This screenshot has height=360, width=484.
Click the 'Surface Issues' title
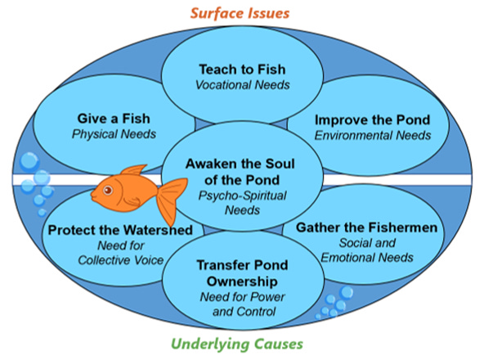(240, 13)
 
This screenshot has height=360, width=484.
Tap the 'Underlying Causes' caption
(237, 344)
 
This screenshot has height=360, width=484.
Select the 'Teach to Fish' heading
(242, 70)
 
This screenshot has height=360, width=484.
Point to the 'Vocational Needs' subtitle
(243, 84)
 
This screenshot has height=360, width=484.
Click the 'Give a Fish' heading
(114, 119)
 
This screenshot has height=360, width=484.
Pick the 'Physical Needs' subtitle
(114, 134)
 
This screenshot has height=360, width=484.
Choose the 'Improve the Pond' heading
(373, 120)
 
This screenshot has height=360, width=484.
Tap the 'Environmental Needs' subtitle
(373, 135)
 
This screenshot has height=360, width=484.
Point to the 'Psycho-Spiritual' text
(242, 196)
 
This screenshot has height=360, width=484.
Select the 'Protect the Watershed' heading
(120, 230)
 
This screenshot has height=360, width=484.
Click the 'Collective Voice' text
(121, 260)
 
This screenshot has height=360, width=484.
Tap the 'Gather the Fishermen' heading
(367, 227)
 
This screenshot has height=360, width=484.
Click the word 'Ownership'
(242, 281)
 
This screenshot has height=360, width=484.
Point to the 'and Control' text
(244, 312)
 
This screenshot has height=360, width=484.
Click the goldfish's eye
(108, 190)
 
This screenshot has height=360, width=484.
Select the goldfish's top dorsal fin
(133, 170)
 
